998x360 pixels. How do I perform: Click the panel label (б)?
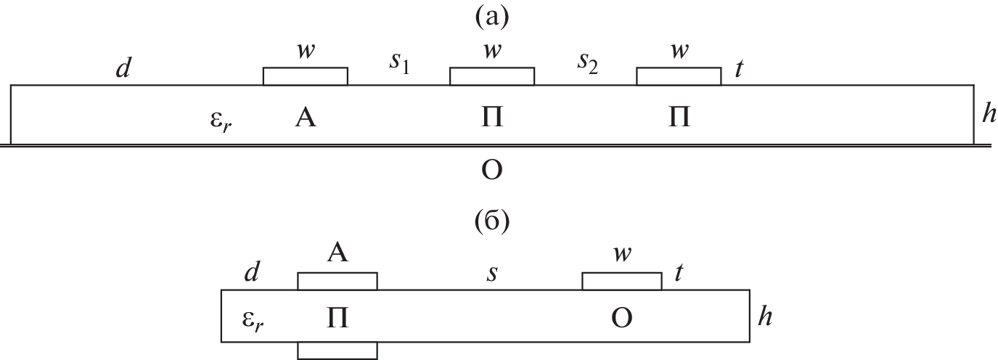492,221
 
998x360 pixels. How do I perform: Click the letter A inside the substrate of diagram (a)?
306,118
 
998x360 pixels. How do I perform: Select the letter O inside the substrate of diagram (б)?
621,319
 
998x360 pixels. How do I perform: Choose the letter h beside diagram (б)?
762,316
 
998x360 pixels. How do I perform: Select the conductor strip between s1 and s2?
492,76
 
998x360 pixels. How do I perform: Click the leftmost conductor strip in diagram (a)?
305,76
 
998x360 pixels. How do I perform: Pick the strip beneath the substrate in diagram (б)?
338,351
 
